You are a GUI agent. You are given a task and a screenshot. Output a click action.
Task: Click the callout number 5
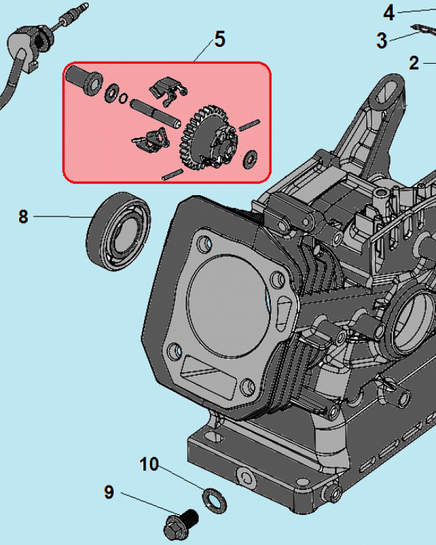(219, 40)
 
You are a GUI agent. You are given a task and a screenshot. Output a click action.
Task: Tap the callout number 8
(23, 216)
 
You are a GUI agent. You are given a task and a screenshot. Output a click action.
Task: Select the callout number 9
(109, 493)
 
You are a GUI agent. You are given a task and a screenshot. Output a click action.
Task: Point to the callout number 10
(149, 464)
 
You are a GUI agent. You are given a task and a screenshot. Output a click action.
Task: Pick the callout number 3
(381, 40)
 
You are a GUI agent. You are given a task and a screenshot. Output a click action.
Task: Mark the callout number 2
(414, 63)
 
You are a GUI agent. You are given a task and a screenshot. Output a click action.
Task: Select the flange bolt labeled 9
(180, 520)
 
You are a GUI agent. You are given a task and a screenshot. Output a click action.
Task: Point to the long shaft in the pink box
(154, 112)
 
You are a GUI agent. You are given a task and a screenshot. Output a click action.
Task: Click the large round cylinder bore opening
(228, 299)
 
